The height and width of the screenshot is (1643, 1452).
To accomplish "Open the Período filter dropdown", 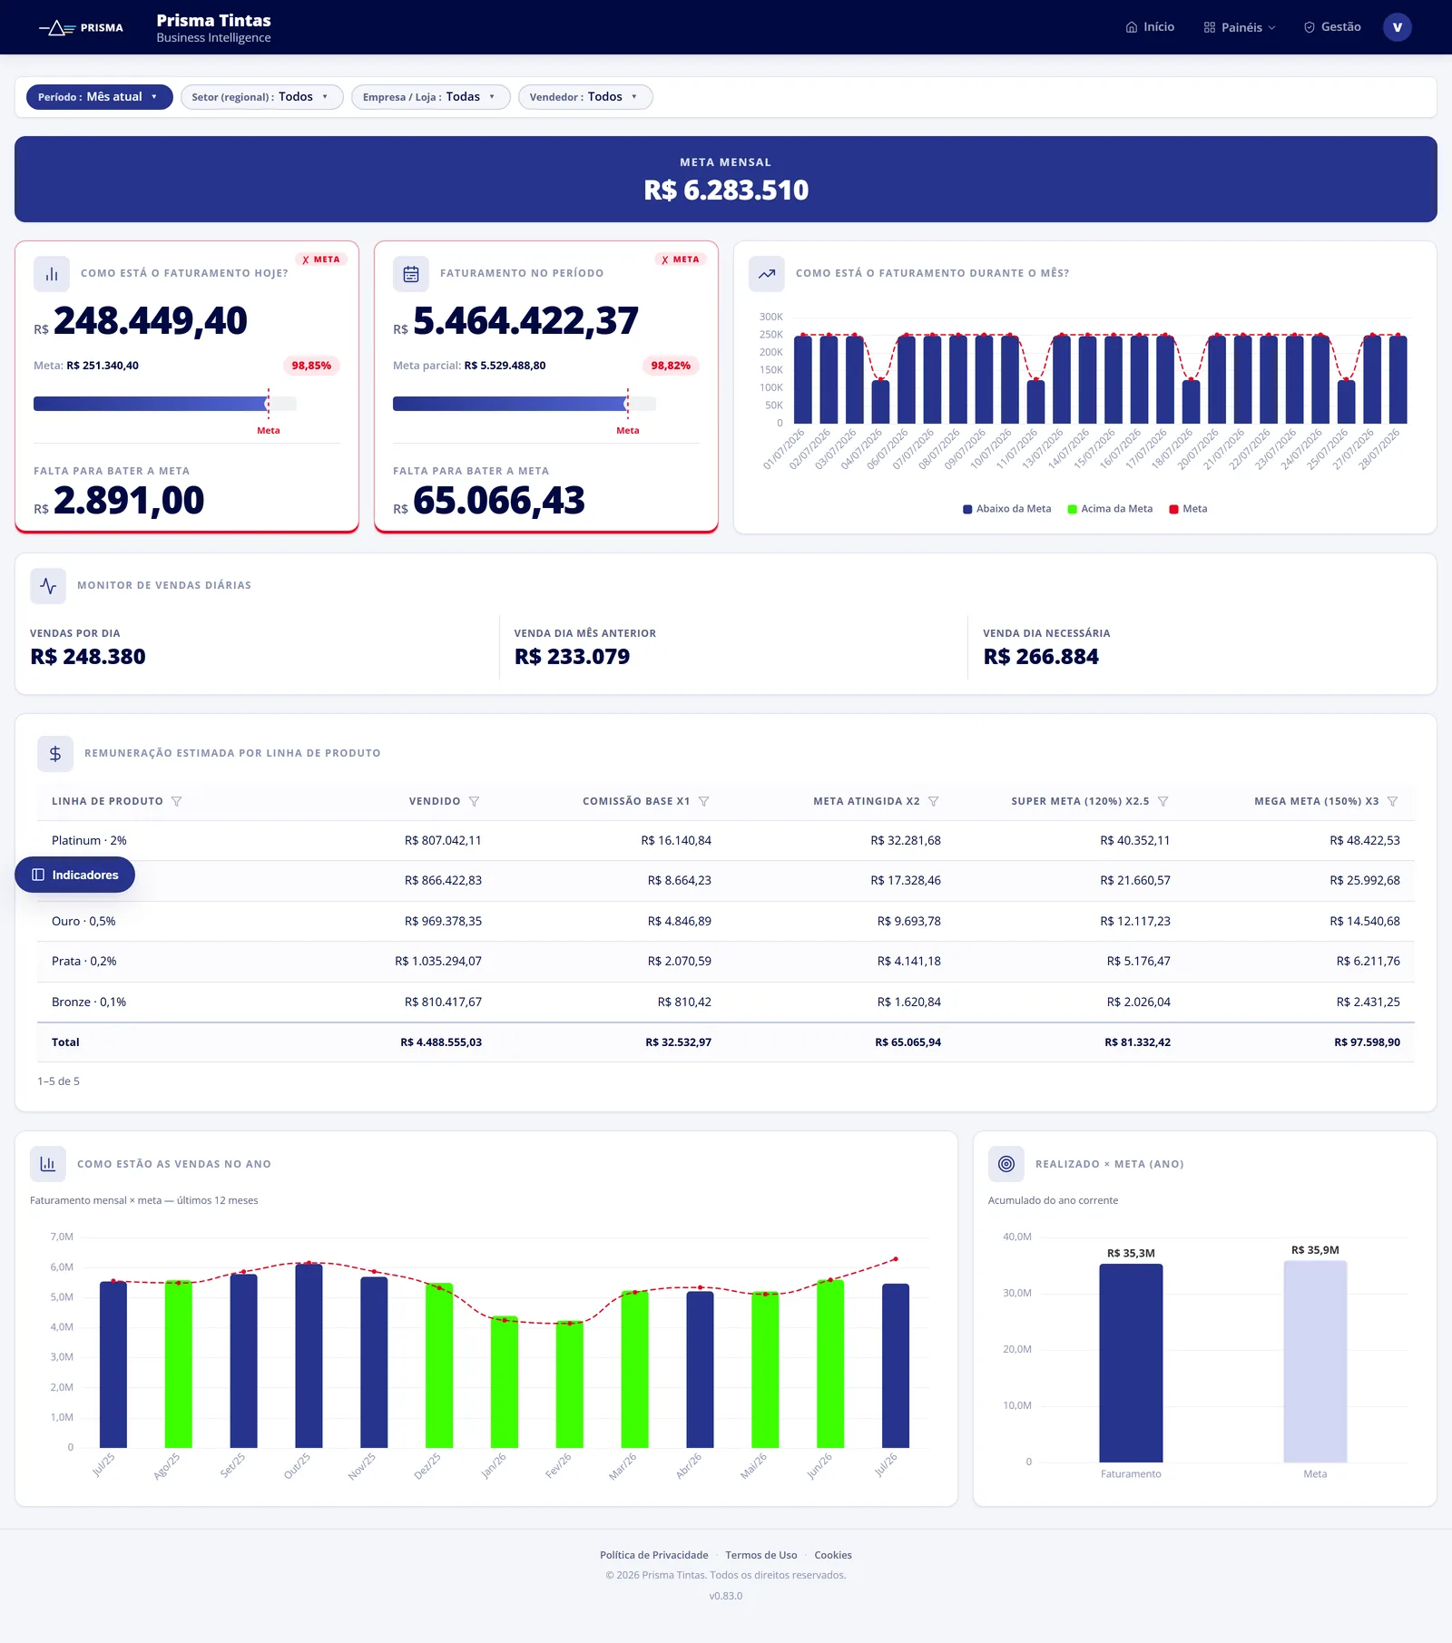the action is coord(99,97).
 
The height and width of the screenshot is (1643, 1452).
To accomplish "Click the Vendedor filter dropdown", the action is coord(585,97).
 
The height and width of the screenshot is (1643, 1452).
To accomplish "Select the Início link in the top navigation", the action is coord(1150,27).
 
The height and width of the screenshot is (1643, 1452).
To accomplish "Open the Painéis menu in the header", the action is coord(1240,27).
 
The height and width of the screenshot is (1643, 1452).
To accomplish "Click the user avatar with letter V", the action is coord(1397,27).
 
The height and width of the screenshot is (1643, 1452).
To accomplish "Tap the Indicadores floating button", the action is coord(75,875).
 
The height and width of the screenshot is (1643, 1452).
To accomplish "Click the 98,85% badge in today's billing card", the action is coord(311,366).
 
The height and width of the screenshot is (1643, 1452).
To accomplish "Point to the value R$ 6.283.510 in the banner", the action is coord(726,190).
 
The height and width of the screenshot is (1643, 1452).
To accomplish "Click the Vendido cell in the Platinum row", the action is coord(443,840).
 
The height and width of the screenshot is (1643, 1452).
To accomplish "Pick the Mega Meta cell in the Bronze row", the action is coord(1368,1002).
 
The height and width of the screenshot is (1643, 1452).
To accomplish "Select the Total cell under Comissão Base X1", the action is coord(678,1042).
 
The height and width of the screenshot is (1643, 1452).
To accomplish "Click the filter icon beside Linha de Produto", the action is coord(177,801).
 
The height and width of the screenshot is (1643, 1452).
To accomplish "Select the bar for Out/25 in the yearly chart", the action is coord(309,1355).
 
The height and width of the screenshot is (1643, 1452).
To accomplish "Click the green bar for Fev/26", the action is coord(570,1384).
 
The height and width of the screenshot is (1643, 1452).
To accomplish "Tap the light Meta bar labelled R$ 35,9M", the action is coord(1315,1361).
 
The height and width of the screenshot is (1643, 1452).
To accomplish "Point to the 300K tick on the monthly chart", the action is coord(770,317).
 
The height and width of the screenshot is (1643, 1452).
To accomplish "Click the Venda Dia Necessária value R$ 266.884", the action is coord(1041,657).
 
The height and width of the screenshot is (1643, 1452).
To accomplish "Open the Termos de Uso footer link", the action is coord(761,1555).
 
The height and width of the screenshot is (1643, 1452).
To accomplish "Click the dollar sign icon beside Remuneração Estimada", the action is coord(55,754).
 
